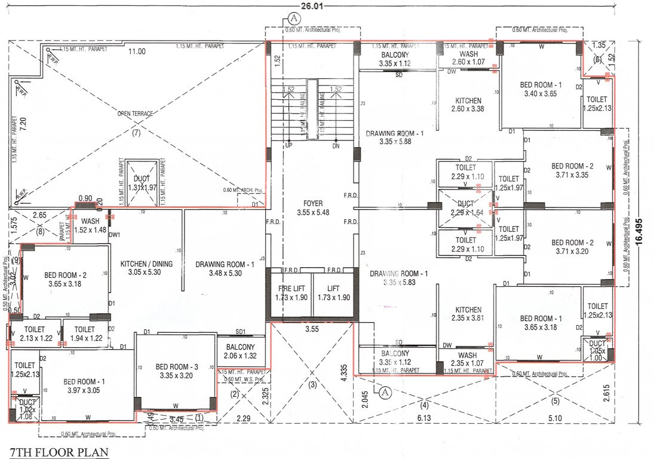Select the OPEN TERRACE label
pyautogui.click(x=134, y=112)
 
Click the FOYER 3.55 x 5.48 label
pyautogui.click(x=312, y=208)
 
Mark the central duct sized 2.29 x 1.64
pyautogui.click(x=466, y=208)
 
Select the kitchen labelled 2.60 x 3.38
pyautogui.click(x=468, y=105)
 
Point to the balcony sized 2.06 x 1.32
pyautogui.click(x=240, y=351)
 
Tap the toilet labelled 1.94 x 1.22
pyautogui.click(x=85, y=333)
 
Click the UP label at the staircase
pyautogui.click(x=289, y=146)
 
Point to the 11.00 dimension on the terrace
pyautogui.click(x=137, y=51)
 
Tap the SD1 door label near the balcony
pyautogui.click(x=241, y=331)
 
